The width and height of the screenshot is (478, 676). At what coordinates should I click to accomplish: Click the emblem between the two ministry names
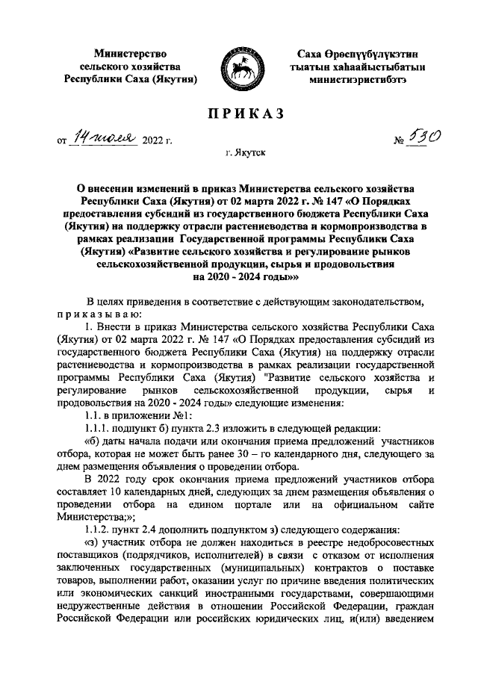click(x=239, y=66)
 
